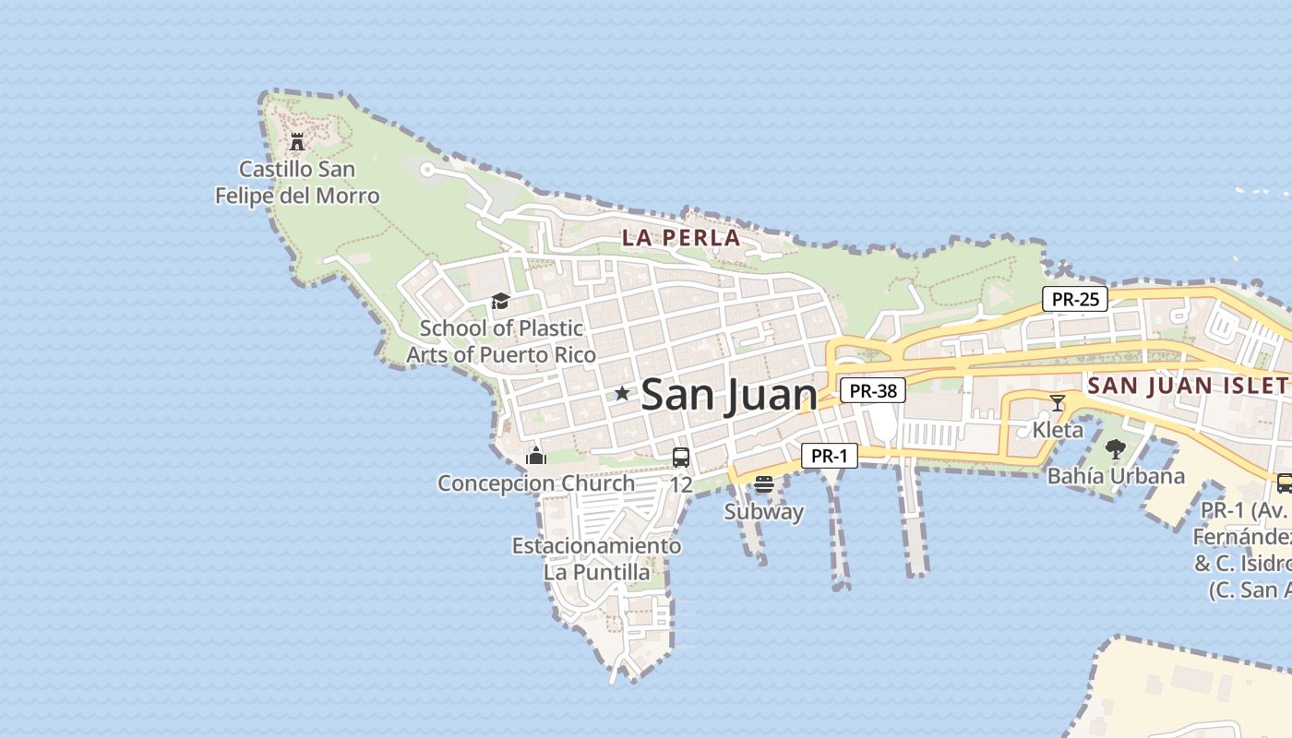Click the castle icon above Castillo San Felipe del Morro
tap(297, 142)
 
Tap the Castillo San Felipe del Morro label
tap(297, 183)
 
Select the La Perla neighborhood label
tap(681, 237)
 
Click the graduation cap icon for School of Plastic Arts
tap(500, 302)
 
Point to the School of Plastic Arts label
tap(501, 341)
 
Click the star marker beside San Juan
tap(623, 394)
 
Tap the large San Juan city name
tap(729, 395)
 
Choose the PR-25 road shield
tap(1075, 299)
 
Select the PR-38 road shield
tap(873, 390)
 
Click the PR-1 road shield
tap(829, 455)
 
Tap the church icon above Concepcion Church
tap(535, 456)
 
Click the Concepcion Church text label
tap(536, 483)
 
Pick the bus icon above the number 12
tap(681, 458)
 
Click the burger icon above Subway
tap(763, 484)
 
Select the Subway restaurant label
tap(763, 512)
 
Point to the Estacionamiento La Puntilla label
tap(597, 558)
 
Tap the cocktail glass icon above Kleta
tap(1058, 403)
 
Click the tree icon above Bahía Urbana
tap(1116, 450)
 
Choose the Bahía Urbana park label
tap(1116, 476)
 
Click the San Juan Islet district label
tap(1189, 386)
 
